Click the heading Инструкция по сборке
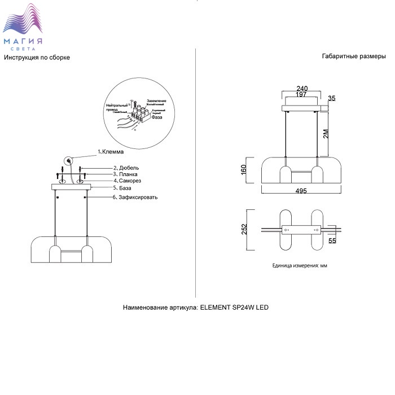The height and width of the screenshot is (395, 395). click(x=37, y=58)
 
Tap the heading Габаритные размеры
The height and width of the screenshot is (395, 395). click(x=354, y=57)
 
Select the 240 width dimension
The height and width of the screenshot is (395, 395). click(x=302, y=88)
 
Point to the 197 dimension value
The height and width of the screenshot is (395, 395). click(x=301, y=95)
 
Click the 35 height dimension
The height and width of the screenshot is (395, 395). click(x=332, y=99)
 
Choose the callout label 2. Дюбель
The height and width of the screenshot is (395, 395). click(x=126, y=168)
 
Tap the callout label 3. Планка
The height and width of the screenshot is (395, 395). click(x=126, y=174)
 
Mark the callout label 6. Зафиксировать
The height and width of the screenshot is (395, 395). click(x=135, y=197)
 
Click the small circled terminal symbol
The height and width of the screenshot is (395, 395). click(x=69, y=160)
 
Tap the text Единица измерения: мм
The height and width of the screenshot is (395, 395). click(x=300, y=265)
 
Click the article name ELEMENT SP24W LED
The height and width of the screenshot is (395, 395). click(x=235, y=308)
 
